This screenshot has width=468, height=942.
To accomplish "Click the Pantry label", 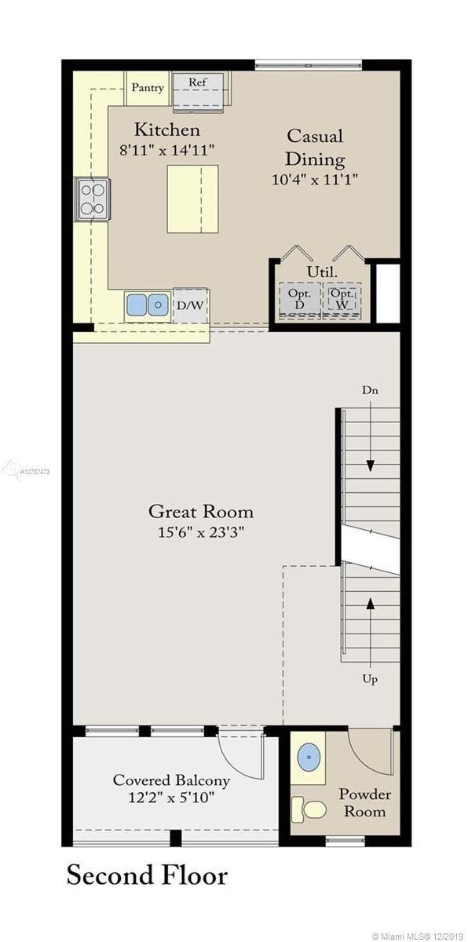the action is (x=148, y=87).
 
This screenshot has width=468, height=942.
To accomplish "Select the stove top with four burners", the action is (x=93, y=199).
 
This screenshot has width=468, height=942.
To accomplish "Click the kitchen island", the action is (x=192, y=199).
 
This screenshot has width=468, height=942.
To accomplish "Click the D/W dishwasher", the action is (x=190, y=305).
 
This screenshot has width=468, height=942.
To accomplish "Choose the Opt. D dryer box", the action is (x=299, y=299).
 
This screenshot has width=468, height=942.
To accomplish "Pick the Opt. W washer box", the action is (x=342, y=299).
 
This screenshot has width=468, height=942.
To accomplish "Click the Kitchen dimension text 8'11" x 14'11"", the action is (x=167, y=150).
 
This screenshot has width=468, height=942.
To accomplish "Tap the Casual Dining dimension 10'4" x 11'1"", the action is (x=315, y=180).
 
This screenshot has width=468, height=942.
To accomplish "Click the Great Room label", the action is (x=201, y=512).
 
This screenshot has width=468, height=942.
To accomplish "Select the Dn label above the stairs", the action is (x=370, y=390).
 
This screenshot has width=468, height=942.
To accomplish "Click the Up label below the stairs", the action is (x=370, y=679).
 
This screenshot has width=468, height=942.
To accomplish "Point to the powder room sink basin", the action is (x=309, y=757).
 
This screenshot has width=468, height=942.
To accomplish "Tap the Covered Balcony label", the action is (x=171, y=780).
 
